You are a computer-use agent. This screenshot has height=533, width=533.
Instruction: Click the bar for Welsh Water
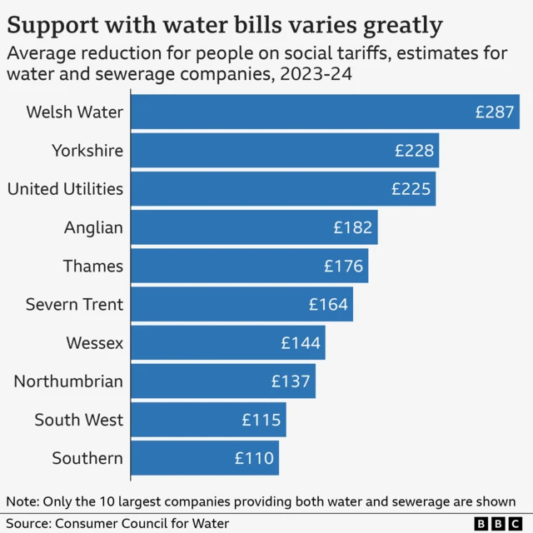coord(325,112)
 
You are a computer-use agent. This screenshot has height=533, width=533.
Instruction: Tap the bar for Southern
coord(205,458)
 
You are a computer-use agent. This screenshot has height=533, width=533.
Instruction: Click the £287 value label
coord(495,112)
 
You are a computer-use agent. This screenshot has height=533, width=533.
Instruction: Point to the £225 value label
coord(411,189)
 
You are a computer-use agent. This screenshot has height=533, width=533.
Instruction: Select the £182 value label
coord(353,227)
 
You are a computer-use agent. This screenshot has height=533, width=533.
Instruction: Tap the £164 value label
coord(328,304)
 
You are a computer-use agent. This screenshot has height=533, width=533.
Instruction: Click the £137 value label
coord(291,381)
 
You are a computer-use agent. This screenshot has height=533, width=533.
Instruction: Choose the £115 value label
coord(262,420)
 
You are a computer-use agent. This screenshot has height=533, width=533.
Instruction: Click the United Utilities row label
coord(65,189)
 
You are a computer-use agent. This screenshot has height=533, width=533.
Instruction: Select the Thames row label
coord(93,266)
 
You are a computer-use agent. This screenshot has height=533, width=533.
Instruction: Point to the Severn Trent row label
coord(74,304)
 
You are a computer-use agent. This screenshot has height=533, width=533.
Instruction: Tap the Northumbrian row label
coord(68,381)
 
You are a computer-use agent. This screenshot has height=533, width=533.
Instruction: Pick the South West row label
coord(79,420)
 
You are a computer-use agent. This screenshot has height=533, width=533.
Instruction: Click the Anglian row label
coord(93,227)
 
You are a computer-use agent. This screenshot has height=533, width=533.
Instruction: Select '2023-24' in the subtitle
coord(316,74)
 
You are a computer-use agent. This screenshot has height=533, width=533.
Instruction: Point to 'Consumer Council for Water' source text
coord(142,523)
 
